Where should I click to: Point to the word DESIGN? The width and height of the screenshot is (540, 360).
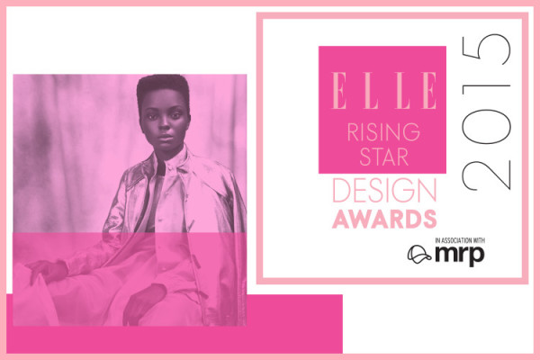pos(382,191)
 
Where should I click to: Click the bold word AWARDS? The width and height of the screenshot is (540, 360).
pos(384,218)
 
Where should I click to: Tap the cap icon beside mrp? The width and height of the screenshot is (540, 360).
pos(418,254)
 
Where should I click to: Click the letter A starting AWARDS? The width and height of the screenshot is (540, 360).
pos(340,218)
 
